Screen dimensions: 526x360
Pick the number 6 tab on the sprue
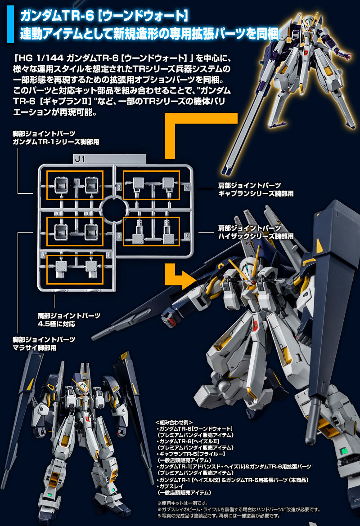click(x=187, y=235)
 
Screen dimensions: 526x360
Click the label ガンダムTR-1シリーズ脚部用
click(x=56, y=142)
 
